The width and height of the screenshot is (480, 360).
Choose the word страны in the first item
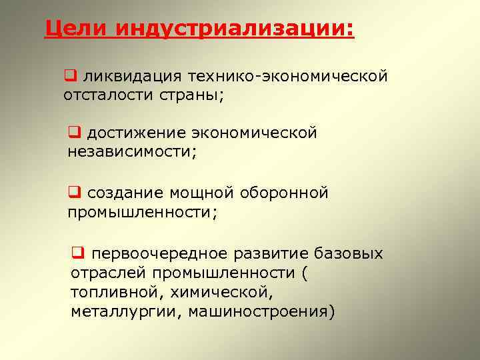(191, 95)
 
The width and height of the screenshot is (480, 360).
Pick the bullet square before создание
(73, 193)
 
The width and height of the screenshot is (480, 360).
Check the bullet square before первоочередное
(77, 253)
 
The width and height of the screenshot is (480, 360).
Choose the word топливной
(117, 291)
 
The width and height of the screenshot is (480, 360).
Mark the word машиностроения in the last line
(261, 311)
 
